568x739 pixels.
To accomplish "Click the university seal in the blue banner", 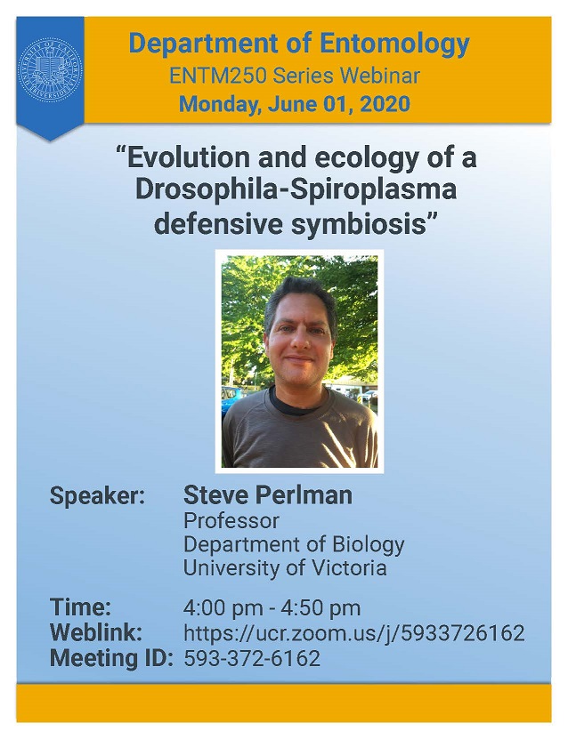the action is (x=50, y=71).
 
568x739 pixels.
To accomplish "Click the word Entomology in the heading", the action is (x=395, y=44).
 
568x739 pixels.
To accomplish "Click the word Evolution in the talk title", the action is (x=188, y=158).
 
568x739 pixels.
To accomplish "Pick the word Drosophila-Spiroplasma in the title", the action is (x=296, y=190).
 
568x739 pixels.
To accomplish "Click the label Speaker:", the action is (x=97, y=496).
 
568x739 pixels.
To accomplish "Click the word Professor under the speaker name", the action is (x=231, y=521).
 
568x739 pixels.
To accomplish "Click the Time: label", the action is (x=80, y=607).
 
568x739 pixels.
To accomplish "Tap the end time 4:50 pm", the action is (x=321, y=608).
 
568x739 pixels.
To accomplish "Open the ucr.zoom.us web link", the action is (x=353, y=633).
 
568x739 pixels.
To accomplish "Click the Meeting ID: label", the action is (x=111, y=658).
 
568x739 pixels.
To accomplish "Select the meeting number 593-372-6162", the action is (x=252, y=658).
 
